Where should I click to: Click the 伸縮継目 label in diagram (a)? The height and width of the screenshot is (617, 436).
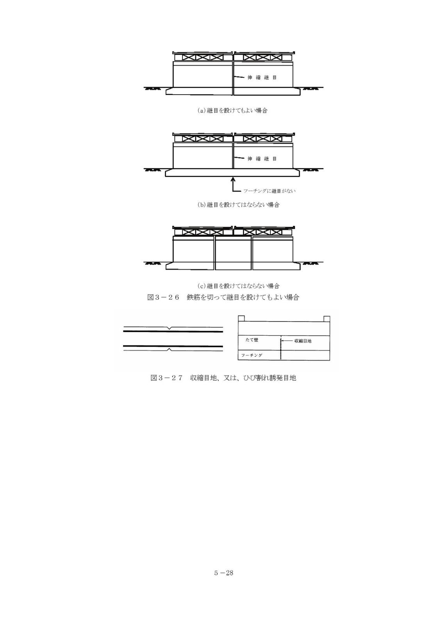(262, 77)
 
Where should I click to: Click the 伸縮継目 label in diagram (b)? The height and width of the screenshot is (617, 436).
(262, 158)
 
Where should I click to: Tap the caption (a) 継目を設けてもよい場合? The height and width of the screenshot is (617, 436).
(232, 111)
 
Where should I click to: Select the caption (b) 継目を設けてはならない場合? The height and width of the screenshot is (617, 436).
(238, 205)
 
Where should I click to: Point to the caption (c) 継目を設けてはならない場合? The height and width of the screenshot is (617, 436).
(238, 286)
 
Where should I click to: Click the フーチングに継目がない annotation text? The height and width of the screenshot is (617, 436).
(269, 191)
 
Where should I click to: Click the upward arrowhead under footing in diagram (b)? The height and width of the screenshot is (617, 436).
(233, 179)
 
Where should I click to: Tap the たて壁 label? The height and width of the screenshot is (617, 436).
(252, 340)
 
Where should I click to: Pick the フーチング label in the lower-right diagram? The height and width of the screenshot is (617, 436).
(252, 355)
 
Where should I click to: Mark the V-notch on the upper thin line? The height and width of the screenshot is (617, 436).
(170, 328)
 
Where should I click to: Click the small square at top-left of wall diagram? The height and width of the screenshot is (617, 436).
(241, 318)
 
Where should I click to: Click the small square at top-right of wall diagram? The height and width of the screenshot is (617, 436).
(327, 319)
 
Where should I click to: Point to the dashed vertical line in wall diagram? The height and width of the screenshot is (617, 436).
(281, 348)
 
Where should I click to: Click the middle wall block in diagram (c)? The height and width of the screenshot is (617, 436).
(233, 253)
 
